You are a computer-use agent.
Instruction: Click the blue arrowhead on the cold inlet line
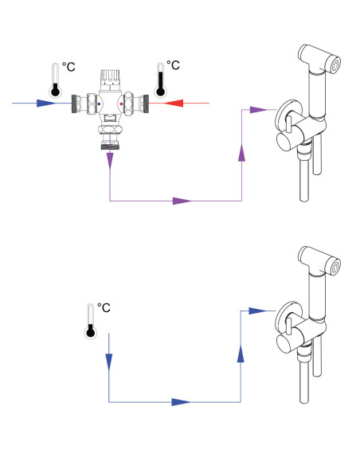[46, 104]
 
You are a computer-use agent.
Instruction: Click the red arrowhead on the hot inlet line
[174, 104]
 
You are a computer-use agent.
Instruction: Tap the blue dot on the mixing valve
[99, 104]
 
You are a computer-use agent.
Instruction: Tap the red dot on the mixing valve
[121, 104]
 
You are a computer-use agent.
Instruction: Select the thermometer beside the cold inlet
[56, 80]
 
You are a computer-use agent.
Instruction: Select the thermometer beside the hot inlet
[160, 80]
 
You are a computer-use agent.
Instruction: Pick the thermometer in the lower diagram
[91, 321]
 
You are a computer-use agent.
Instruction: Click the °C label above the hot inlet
[173, 65]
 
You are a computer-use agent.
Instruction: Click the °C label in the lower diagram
[104, 307]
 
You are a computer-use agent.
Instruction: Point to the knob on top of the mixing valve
[110, 76]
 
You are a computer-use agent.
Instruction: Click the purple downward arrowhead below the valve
[110, 161]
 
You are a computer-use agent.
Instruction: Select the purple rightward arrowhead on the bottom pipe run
[182, 201]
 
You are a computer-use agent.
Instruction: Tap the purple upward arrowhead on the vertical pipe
[241, 152]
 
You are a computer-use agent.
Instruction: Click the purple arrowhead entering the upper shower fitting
[259, 109]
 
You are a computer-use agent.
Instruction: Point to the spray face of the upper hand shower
[335, 65]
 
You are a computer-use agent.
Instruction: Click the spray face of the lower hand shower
[335, 266]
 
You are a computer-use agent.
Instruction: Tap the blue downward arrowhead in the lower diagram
[109, 361]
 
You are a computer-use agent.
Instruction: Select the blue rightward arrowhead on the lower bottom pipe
[181, 402]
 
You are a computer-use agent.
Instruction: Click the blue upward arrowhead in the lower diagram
[241, 354]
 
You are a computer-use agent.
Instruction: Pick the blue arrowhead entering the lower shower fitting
[258, 311]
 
